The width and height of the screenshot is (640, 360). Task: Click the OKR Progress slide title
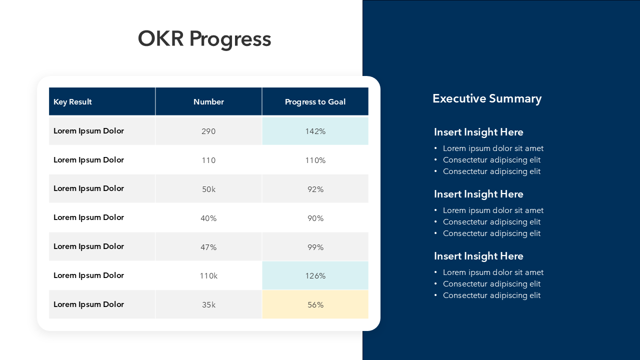[204, 39]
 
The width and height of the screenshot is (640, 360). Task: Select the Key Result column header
[73, 102]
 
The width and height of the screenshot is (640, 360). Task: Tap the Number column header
[208, 102]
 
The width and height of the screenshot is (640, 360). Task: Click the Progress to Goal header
[315, 102]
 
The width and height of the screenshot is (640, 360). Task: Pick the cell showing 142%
[315, 131]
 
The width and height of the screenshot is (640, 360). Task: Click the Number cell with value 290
[208, 131]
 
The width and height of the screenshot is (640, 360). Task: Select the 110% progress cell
[315, 160]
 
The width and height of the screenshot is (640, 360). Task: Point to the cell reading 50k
[208, 189]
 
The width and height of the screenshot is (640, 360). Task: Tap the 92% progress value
[315, 189]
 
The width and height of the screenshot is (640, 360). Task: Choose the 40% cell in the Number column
[208, 218]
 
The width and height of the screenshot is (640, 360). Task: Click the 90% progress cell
[315, 218]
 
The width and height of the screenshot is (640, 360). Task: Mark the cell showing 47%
[208, 247]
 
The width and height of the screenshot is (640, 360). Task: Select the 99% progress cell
[315, 247]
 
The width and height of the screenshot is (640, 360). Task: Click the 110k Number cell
[208, 276]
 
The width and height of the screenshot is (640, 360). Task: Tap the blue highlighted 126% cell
[315, 276]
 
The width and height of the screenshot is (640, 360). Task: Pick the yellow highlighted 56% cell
[315, 305]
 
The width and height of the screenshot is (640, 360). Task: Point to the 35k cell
[208, 305]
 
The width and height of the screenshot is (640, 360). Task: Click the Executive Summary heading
[486, 98]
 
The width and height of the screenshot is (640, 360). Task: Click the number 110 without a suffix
[208, 160]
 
